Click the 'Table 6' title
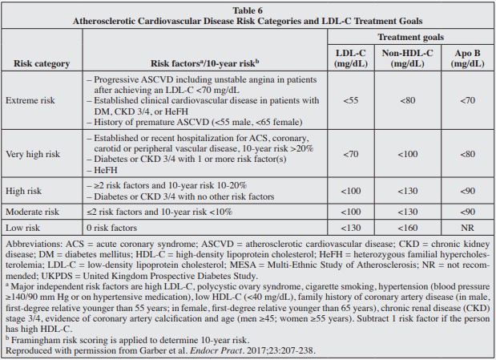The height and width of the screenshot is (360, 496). [248, 9]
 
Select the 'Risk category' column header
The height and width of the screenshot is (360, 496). [42, 63]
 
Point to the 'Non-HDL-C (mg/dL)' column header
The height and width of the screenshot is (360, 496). [407, 57]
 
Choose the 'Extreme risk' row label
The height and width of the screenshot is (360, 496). [31, 102]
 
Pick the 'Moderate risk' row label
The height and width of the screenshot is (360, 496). [34, 212]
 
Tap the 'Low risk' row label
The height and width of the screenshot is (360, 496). [24, 227]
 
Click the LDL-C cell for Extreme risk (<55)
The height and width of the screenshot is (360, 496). [351, 102]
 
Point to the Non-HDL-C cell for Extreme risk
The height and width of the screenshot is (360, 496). [407, 102]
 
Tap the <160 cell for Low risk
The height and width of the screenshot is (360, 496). [407, 227]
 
